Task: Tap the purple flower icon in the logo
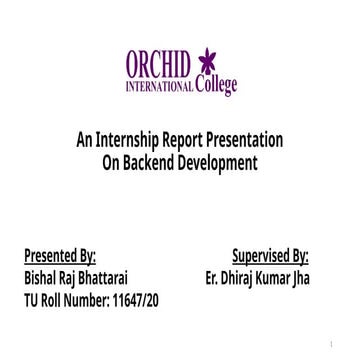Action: (208, 62)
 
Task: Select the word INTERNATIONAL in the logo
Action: (159, 87)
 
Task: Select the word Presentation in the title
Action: (252, 140)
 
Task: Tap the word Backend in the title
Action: (149, 162)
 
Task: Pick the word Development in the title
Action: (217, 162)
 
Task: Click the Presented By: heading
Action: (60, 256)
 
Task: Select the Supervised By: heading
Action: (270, 256)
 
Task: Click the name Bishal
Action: (42, 278)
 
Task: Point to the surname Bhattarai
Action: (104, 278)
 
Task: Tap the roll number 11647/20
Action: (133, 300)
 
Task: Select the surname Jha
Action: (300, 278)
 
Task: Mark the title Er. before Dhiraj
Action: (211, 278)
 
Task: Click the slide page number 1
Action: (329, 345)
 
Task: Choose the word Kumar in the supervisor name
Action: (274, 278)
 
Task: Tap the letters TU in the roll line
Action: (31, 300)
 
